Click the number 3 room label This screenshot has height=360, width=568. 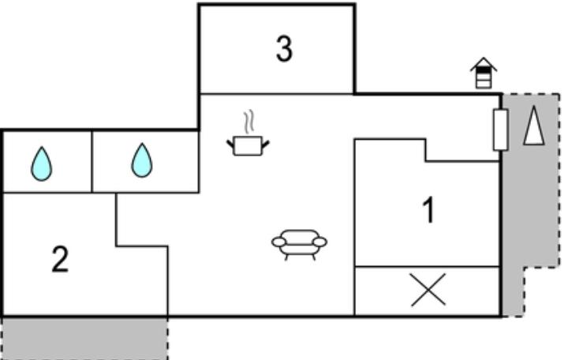point(284,49)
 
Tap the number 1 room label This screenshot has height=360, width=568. point(428,211)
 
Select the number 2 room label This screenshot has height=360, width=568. point(60,260)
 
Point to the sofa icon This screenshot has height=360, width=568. point(299,244)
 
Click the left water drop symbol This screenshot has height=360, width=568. point(42,163)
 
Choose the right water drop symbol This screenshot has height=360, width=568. point(141,160)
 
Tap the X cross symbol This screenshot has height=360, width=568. point(428,291)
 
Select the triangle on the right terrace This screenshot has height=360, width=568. point(534,126)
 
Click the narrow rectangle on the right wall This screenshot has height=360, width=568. point(499,130)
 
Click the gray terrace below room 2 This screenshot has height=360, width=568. point(84,337)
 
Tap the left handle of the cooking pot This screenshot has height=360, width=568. point(231,142)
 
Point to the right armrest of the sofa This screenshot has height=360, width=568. point(319,242)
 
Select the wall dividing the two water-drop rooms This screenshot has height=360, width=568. point(92,161)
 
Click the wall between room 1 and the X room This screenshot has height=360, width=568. point(427,266)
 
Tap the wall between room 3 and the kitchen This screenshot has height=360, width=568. point(276,93)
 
